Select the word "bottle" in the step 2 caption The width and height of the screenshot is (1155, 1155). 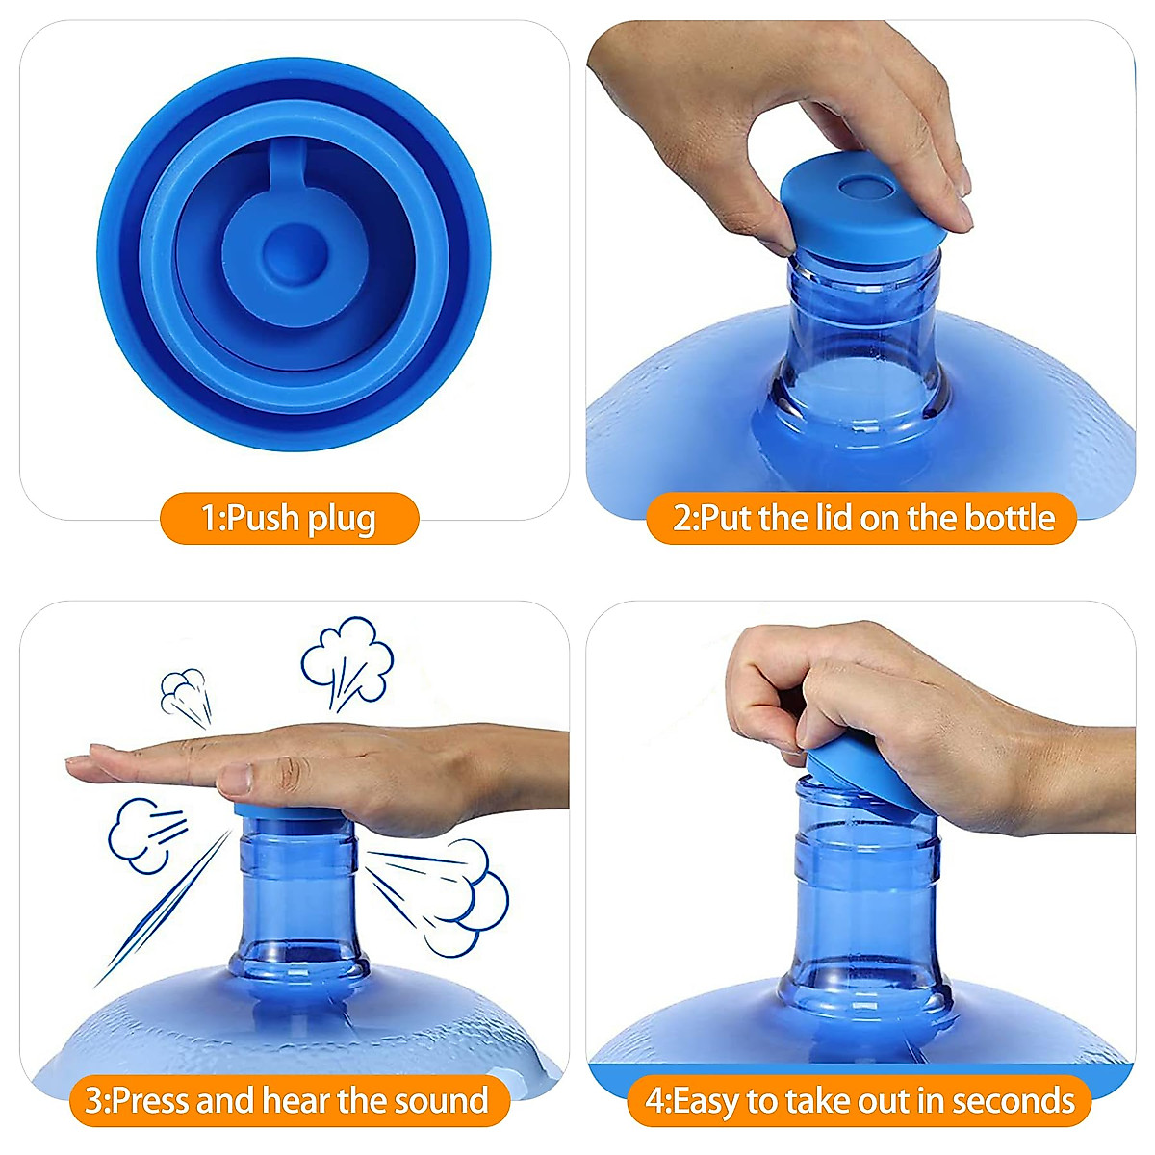coord(1010,518)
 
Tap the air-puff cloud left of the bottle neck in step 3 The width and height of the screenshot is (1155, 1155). coord(140,833)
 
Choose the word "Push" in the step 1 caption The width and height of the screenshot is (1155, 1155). coord(262,519)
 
